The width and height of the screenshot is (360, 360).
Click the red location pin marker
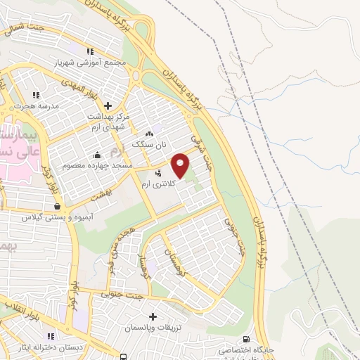(181, 165)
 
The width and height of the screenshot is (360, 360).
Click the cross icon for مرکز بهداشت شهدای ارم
(107, 105)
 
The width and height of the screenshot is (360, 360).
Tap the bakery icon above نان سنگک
(148, 133)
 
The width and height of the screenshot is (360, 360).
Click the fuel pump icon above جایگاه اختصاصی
(245, 337)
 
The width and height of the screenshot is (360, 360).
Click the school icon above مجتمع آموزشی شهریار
(89, 51)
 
